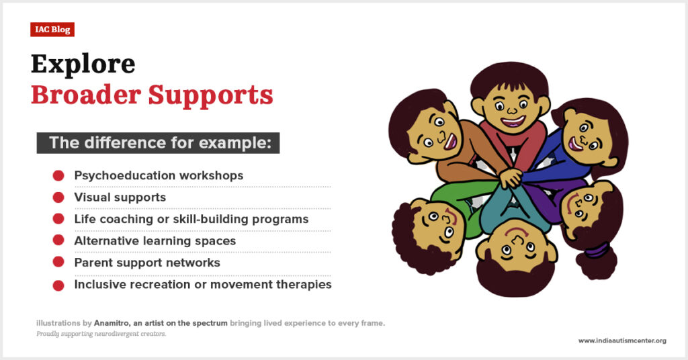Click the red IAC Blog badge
click(52, 30)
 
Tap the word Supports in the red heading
click(210, 95)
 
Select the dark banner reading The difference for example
click(158, 143)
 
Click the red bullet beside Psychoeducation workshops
click(58, 176)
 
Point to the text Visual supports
click(120, 197)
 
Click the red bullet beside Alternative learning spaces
click(58, 240)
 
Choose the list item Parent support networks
click(147, 263)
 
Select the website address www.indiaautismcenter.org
click(622, 341)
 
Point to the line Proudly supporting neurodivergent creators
click(101, 334)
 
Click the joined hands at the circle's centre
click(511, 177)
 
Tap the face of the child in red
click(511, 109)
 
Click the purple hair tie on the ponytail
click(597, 251)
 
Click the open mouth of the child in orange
click(450, 142)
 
